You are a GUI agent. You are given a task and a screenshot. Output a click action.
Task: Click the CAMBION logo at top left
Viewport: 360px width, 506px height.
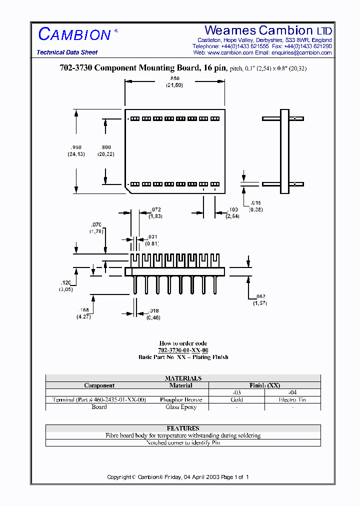[x=75, y=34]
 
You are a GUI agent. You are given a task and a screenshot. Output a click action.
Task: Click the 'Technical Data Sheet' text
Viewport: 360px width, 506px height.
[x=67, y=52]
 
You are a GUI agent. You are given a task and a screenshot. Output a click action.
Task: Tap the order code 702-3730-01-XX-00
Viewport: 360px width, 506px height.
[x=183, y=350]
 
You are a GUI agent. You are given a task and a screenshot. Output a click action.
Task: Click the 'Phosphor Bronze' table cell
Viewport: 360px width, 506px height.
[x=181, y=400]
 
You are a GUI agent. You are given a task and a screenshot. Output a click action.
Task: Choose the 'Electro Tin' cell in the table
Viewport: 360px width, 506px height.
[x=292, y=400]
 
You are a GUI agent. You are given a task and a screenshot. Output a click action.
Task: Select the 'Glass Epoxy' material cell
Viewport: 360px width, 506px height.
[x=181, y=407]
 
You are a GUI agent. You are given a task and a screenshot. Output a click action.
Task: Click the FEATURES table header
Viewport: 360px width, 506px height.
[x=183, y=428]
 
